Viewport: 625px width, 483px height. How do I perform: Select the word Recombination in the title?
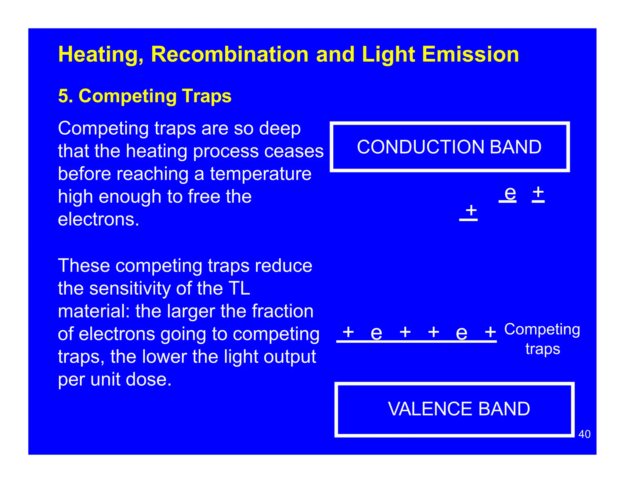coord(229,54)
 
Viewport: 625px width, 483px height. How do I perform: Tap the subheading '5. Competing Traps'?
coord(145,96)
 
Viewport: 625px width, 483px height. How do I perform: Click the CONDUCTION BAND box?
coord(449,147)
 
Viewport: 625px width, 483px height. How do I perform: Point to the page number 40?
coord(584,434)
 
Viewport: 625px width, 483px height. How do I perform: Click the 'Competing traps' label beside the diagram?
coord(542,339)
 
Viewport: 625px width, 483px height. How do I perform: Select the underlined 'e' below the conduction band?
coord(510,194)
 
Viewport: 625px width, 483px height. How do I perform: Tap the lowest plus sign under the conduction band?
coord(471,210)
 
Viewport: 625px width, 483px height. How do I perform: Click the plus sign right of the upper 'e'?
coord(538,192)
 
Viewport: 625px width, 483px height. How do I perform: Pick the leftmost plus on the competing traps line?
coord(348,332)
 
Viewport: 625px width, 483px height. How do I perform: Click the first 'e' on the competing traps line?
coord(376,333)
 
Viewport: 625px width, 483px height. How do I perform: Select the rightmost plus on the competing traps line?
coord(490,332)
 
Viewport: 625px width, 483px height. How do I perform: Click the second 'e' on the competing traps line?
coord(461,333)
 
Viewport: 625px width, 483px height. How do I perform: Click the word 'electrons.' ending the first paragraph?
coord(98,220)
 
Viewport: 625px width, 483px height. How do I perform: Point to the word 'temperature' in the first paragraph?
coord(261,174)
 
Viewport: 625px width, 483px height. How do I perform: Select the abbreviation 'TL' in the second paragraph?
coord(239,289)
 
